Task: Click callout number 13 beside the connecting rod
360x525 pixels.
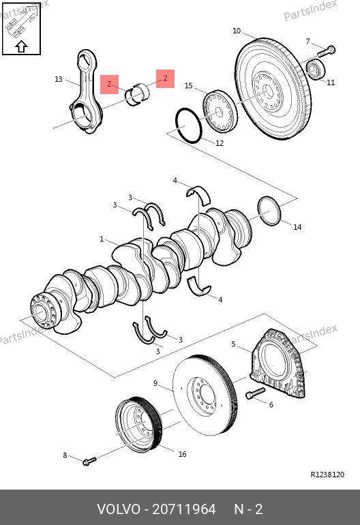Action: click(x=58, y=79)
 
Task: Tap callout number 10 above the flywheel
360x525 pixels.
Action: click(x=237, y=31)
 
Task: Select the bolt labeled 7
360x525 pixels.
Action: click(x=326, y=52)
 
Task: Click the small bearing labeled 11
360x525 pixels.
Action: click(x=316, y=69)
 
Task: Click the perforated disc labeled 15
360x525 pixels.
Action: click(x=220, y=111)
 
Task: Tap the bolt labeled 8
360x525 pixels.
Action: click(x=89, y=462)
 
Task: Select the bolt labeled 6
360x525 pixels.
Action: click(x=256, y=393)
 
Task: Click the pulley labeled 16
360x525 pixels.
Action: click(x=138, y=425)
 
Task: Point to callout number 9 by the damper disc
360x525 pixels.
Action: click(x=155, y=383)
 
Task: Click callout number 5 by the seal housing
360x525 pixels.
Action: click(x=233, y=344)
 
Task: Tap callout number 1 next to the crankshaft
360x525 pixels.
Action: click(x=102, y=239)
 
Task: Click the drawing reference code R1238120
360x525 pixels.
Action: click(x=327, y=475)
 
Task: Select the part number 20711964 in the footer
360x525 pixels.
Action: click(x=184, y=509)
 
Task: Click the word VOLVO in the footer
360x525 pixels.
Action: click(x=119, y=509)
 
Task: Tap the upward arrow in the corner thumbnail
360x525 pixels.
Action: click(x=21, y=46)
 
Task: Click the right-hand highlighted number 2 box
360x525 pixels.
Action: click(x=166, y=78)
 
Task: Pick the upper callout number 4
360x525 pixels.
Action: click(x=175, y=181)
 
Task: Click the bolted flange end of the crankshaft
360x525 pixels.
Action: click(x=42, y=311)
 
